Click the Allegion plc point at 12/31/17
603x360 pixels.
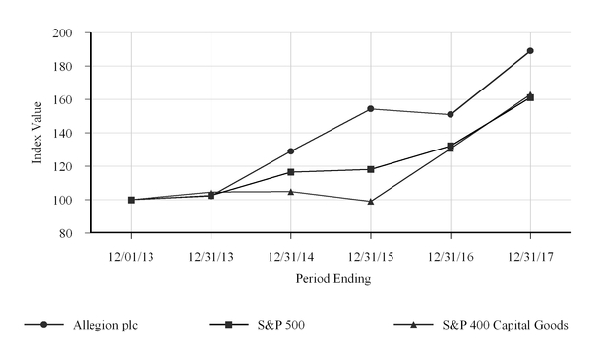click(530, 50)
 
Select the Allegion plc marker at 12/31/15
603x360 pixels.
click(371, 109)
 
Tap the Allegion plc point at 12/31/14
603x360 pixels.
click(290, 151)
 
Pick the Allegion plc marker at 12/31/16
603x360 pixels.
click(451, 115)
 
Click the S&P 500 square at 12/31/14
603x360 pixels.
click(290, 172)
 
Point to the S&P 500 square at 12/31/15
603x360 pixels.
click(371, 169)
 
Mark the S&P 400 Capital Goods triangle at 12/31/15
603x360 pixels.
click(371, 201)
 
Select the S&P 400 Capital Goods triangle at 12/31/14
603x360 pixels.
click(290, 191)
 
